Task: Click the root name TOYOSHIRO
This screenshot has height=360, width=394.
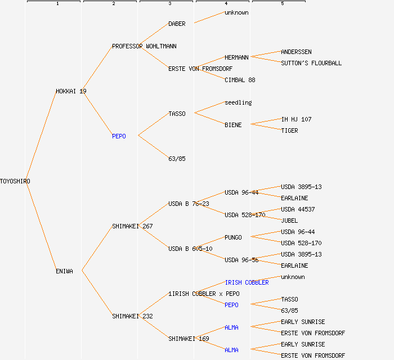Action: (x=15, y=181)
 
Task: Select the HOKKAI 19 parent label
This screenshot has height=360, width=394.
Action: (x=71, y=91)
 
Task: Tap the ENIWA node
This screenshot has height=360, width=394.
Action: (x=64, y=271)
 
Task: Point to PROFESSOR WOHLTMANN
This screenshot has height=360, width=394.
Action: (x=144, y=46)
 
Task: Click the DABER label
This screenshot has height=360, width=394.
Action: (x=177, y=24)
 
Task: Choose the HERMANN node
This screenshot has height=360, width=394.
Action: (x=236, y=57)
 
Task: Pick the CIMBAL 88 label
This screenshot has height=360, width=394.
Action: (x=240, y=80)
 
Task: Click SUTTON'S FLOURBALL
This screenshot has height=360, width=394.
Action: (x=311, y=63)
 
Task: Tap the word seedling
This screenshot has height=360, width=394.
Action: (x=238, y=102)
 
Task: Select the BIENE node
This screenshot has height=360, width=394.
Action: (x=233, y=125)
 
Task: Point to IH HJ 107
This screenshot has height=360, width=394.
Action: (x=296, y=119)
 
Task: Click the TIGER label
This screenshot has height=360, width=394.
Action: (x=289, y=130)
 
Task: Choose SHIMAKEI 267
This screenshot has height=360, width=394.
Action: (x=132, y=226)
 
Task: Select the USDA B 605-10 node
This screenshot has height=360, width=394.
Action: (x=190, y=249)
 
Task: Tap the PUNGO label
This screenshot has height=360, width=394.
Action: (x=233, y=237)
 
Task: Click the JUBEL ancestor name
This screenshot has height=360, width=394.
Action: (x=289, y=220)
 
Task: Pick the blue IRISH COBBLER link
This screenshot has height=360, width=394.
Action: (x=247, y=282)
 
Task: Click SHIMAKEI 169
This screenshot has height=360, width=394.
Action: (x=189, y=339)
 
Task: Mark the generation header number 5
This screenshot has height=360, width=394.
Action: (x=283, y=4)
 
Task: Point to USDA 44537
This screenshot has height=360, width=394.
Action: (x=298, y=209)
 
